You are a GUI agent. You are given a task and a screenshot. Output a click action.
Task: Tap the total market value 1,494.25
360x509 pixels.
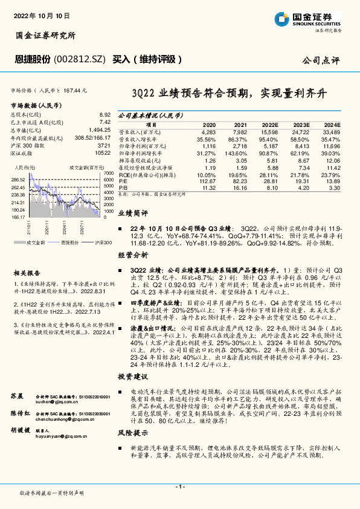[x=100, y=130]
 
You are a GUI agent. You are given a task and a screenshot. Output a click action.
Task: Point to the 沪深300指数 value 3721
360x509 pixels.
[x=104, y=146]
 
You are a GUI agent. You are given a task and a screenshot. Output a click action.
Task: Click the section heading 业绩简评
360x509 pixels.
[x=132, y=213]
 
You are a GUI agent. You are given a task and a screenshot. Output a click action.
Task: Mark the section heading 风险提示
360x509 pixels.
[x=132, y=433]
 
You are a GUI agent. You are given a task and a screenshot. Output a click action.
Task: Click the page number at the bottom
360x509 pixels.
[x=179, y=486]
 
